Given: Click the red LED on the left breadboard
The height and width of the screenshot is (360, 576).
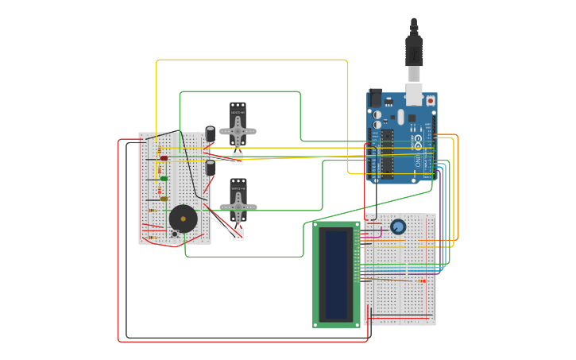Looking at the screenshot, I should tap(164, 158).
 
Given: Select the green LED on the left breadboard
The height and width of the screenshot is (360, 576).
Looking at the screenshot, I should tap(164, 179).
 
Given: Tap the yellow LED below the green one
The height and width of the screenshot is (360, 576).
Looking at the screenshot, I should tap(164, 199).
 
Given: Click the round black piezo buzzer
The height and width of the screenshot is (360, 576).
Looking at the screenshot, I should tap(183, 219).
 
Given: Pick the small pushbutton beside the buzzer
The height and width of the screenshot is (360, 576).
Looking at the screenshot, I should tap(174, 234).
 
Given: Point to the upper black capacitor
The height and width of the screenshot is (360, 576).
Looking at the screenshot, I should tap(211, 134).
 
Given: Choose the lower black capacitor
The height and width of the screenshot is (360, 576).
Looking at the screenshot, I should tap(211, 168).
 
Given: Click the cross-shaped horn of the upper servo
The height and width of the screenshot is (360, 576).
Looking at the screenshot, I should tap(238, 132).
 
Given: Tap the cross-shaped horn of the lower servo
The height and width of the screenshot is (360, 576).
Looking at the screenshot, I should tap(238, 207).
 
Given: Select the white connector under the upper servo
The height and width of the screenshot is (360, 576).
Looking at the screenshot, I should tap(238, 159).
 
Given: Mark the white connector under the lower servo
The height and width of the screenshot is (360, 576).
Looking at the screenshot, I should tap(238, 234).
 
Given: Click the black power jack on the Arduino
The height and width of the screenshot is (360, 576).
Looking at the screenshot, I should tap(375, 98).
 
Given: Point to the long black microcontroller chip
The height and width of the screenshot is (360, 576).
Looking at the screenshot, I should tap(388, 153).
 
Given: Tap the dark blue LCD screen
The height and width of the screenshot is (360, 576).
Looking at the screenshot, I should tap(337, 275).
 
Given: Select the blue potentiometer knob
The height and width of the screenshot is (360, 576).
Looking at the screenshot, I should tap(398, 227).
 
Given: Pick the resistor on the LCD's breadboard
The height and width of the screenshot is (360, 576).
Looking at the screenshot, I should tap(421, 281).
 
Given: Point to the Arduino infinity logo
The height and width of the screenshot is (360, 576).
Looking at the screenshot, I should tap(418, 142).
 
